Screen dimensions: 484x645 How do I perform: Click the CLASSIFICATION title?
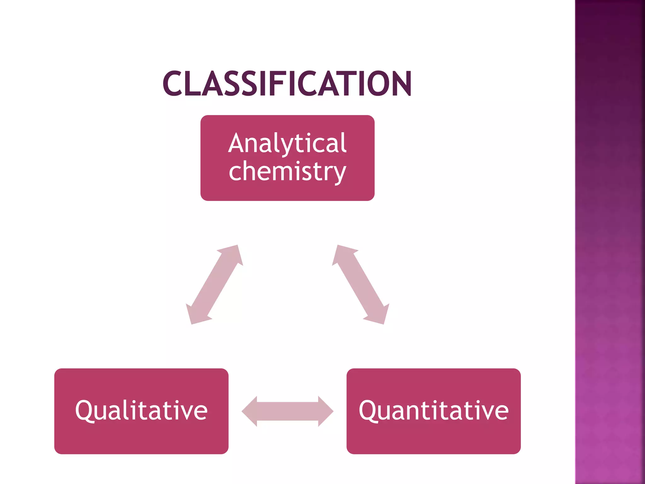click(x=287, y=84)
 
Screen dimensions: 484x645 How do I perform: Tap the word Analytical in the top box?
click(x=287, y=143)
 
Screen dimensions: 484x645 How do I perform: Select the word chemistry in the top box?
click(x=287, y=172)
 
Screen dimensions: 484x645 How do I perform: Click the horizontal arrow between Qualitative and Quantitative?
click(x=287, y=411)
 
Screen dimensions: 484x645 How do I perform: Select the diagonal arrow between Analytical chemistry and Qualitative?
click(x=214, y=285)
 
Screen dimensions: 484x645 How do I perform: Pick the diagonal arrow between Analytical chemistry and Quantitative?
click(x=361, y=285)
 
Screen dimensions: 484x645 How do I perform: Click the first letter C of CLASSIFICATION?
click(x=172, y=84)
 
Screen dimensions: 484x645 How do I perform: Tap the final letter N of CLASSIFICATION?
click(x=401, y=84)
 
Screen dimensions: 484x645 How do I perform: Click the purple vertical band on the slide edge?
click(x=610, y=242)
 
